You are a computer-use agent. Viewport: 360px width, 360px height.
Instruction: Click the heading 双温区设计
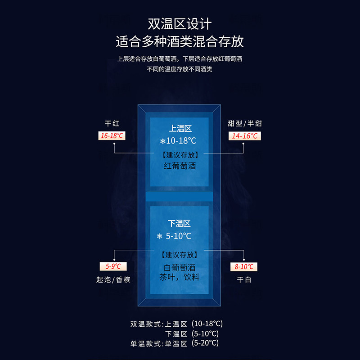[180, 24]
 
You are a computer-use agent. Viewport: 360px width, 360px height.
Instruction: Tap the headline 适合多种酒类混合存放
[180, 42]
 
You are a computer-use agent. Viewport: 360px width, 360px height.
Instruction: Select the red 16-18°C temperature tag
[112, 135]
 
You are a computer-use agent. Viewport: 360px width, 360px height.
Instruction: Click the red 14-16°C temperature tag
[245, 135]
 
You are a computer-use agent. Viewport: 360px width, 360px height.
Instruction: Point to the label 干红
[112, 123]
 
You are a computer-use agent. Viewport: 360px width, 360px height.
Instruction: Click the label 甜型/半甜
[244, 123]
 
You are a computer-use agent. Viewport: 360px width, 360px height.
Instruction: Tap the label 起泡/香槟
[113, 279]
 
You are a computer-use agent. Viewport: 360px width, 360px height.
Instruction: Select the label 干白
[244, 279]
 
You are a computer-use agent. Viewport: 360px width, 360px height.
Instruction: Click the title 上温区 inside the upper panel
[180, 129]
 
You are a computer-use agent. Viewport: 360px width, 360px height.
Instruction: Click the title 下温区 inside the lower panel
[180, 223]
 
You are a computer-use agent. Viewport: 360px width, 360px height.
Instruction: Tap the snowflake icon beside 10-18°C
[163, 141]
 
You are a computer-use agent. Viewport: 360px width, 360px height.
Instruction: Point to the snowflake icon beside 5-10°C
[159, 236]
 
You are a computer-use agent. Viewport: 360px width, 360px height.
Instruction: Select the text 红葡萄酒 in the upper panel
[180, 166]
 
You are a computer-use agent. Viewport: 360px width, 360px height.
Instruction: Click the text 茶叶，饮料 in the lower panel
[180, 277]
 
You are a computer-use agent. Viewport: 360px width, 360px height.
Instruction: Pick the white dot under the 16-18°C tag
[115, 144]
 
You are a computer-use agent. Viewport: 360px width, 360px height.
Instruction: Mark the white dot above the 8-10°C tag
[244, 258]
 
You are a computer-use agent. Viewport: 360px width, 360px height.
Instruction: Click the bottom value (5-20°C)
[206, 343]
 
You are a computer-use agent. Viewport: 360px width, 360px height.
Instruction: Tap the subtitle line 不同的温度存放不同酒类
[180, 69]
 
